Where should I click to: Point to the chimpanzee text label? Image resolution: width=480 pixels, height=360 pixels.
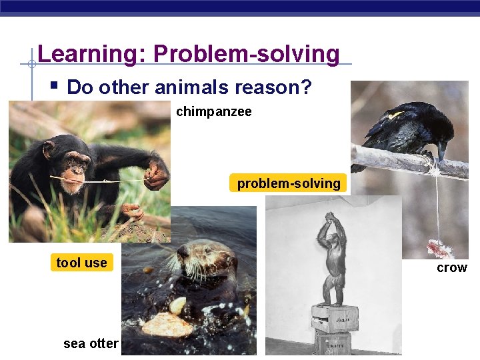213,112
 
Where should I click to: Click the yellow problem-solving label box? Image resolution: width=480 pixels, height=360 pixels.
289,183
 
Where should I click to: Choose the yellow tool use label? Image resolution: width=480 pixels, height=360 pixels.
81,263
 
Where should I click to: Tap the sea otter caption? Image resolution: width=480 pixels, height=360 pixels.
91,344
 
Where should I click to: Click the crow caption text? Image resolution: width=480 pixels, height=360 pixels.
451,267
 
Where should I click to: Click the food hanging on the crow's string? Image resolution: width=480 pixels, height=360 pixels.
439,248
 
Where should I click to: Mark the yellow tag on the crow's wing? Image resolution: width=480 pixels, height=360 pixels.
396,115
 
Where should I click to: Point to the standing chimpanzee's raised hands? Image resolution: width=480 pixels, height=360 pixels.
329,218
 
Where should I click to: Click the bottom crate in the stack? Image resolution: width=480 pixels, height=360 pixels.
333,343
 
